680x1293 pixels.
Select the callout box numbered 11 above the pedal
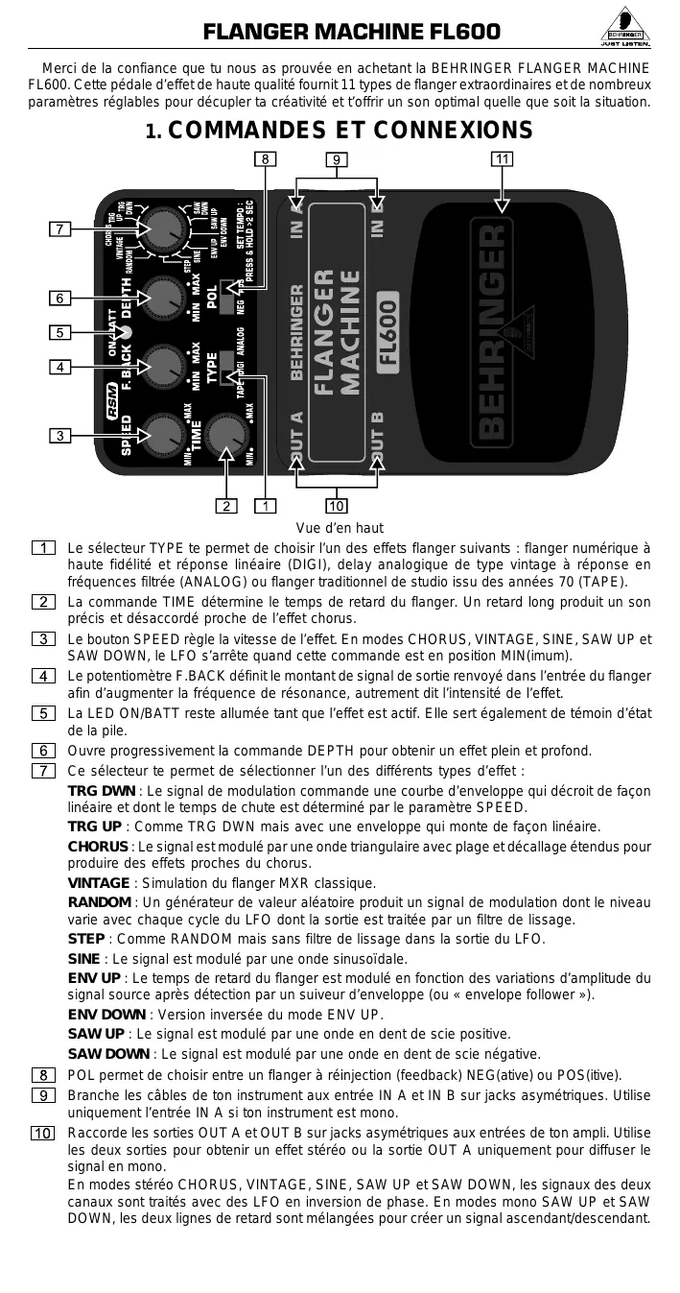pos(501,158)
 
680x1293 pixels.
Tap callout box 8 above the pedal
pos(265,158)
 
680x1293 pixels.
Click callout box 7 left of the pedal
pos(59,229)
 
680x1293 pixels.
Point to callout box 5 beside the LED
pos(59,333)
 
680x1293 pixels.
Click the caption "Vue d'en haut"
pos(340,528)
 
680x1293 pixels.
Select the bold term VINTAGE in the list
pos(98,883)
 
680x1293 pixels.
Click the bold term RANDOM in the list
pos(99,902)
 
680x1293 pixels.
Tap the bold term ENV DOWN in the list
pos(106,1015)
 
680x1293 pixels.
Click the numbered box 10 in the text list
pos(44,1134)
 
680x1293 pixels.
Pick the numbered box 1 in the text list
pos(44,548)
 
